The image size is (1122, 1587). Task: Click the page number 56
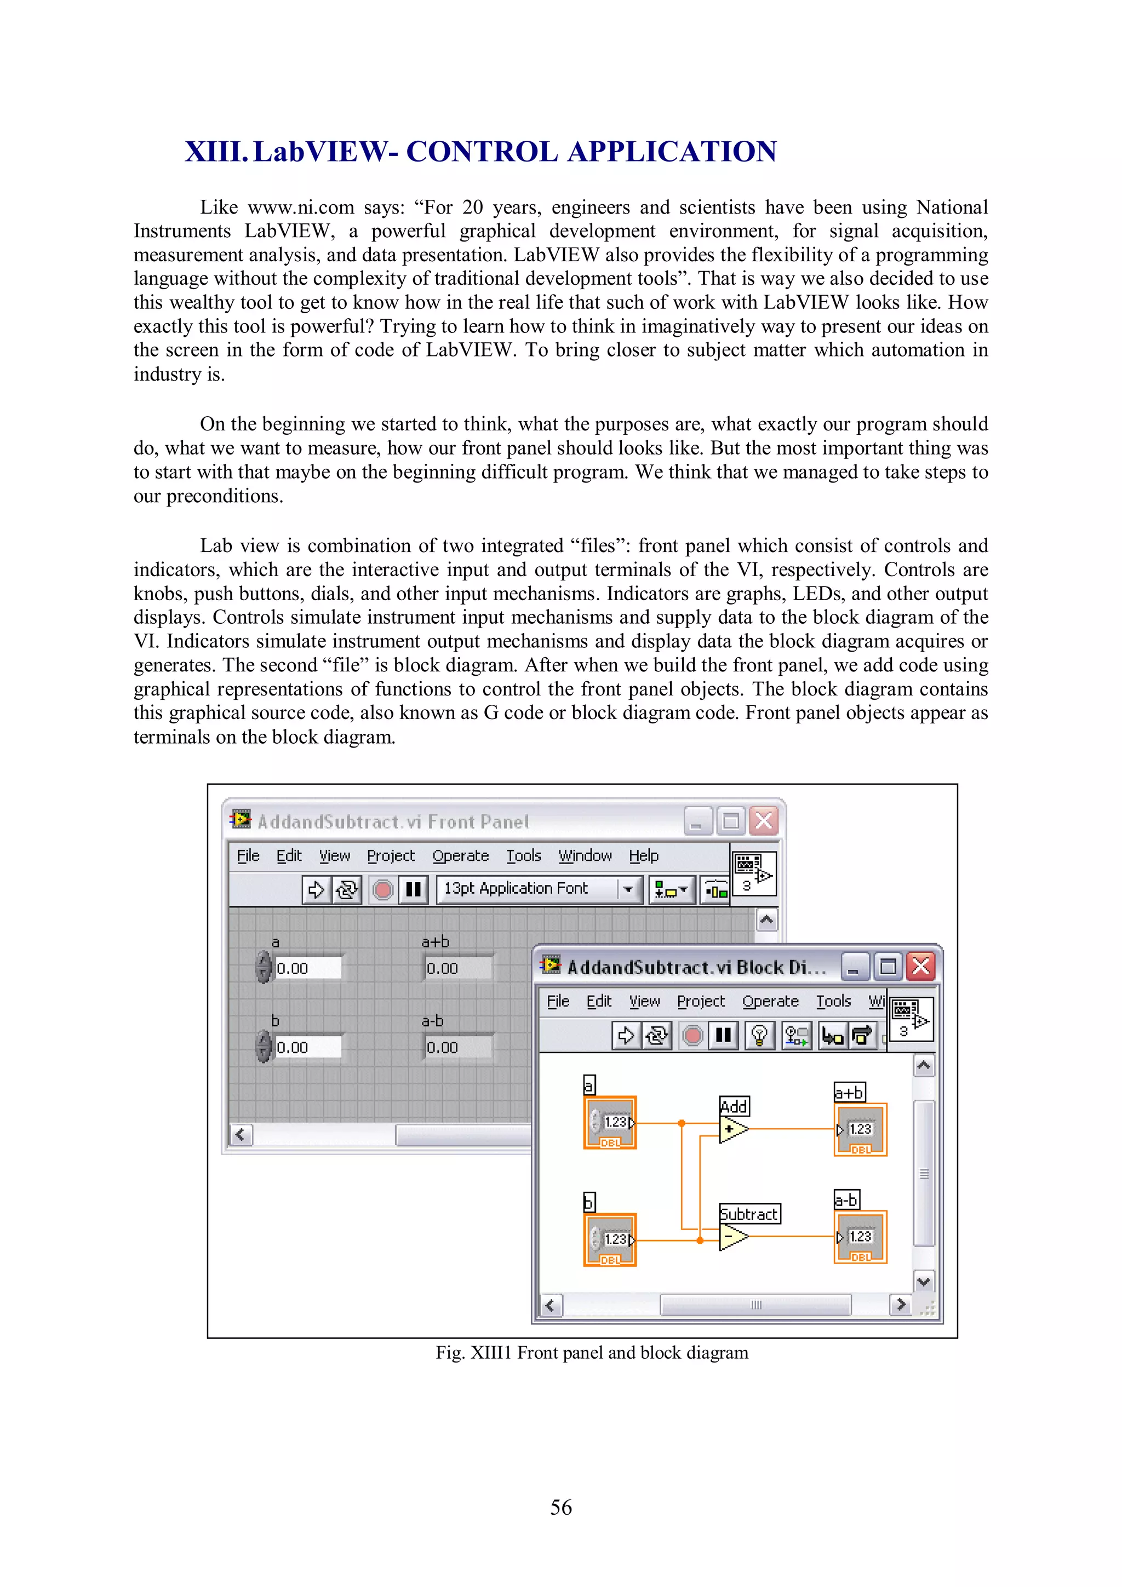point(560,1507)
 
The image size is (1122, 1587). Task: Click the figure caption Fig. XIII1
point(591,1353)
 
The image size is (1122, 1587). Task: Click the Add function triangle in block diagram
point(731,1129)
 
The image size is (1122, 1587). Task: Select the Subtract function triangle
point(731,1237)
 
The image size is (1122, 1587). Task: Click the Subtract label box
point(749,1214)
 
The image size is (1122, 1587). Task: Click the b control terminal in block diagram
point(610,1240)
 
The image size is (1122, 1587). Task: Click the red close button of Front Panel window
point(764,821)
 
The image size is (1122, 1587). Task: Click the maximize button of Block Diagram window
point(888,967)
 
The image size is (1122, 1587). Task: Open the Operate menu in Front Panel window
point(460,856)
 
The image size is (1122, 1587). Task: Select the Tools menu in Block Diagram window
point(833,1002)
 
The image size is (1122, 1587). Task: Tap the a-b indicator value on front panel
point(457,1048)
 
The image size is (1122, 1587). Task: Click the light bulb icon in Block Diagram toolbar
point(759,1036)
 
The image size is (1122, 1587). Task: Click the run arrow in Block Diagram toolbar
point(626,1036)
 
